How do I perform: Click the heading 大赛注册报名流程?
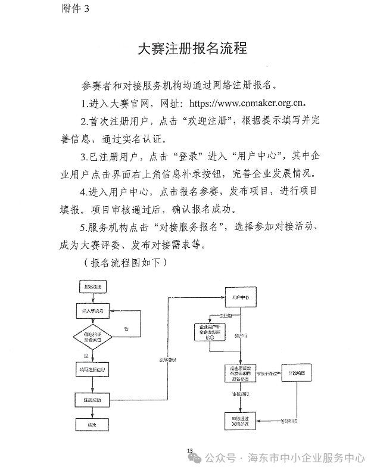(192, 48)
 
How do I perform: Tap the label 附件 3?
(75, 8)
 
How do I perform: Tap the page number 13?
(190, 450)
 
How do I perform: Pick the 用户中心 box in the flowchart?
(240, 296)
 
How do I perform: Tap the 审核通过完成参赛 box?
(240, 421)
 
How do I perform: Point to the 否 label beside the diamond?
(126, 329)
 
